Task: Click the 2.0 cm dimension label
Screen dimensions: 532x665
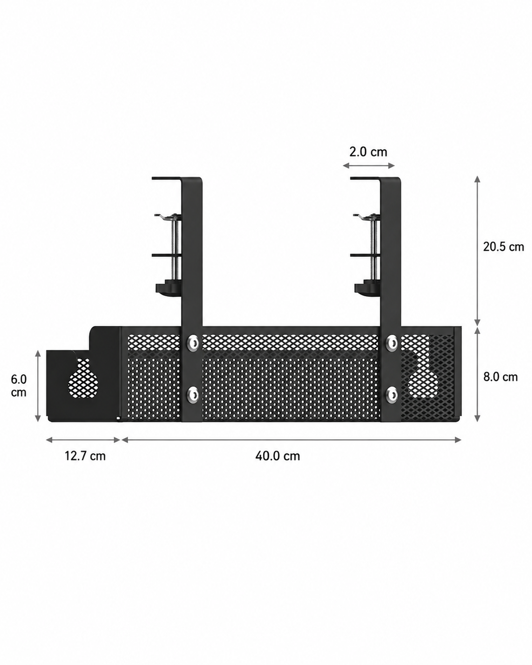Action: click(368, 152)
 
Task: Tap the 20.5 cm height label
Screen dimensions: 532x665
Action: click(503, 247)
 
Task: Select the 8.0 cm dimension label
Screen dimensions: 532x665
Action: click(501, 377)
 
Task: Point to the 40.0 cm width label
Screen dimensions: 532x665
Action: click(277, 456)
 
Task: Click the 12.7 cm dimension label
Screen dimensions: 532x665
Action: click(85, 456)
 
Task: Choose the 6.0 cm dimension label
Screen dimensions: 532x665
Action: click(18, 386)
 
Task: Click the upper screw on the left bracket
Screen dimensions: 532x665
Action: click(192, 342)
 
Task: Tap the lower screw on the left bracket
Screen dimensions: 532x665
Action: click(192, 395)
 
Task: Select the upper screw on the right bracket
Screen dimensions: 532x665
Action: click(392, 342)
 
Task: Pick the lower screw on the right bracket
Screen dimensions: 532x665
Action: click(392, 395)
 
